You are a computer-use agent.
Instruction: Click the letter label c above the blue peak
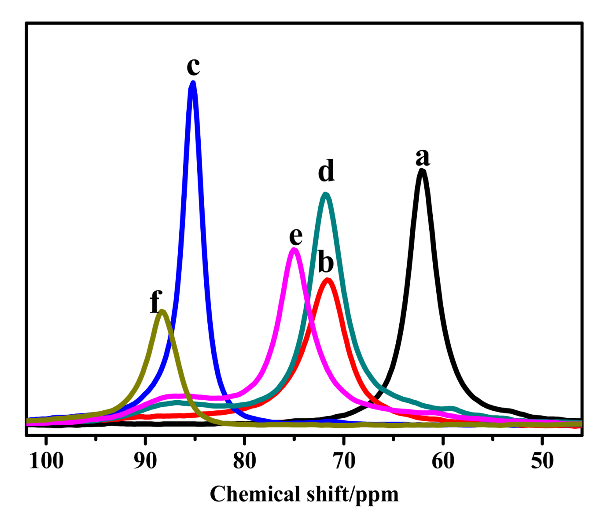pyautogui.click(x=193, y=67)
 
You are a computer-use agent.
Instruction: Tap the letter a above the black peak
pyautogui.click(x=423, y=157)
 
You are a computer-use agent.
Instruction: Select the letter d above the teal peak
pyautogui.click(x=326, y=171)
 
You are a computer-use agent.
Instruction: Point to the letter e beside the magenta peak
pyautogui.click(x=296, y=236)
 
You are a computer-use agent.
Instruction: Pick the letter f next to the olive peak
pyautogui.click(x=155, y=302)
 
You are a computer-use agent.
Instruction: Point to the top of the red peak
pyautogui.click(x=327, y=280)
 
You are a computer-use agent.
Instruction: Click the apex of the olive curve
pyautogui.click(x=162, y=312)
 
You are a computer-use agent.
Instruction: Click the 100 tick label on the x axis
pyautogui.click(x=47, y=461)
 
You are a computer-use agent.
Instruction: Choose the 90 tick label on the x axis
pyautogui.click(x=145, y=461)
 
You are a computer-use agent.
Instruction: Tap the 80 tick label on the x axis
pyautogui.click(x=245, y=461)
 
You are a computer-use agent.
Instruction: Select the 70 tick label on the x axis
pyautogui.click(x=344, y=461)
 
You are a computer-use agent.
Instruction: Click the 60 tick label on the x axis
pyautogui.click(x=443, y=461)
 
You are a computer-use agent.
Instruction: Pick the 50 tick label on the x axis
pyautogui.click(x=542, y=461)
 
